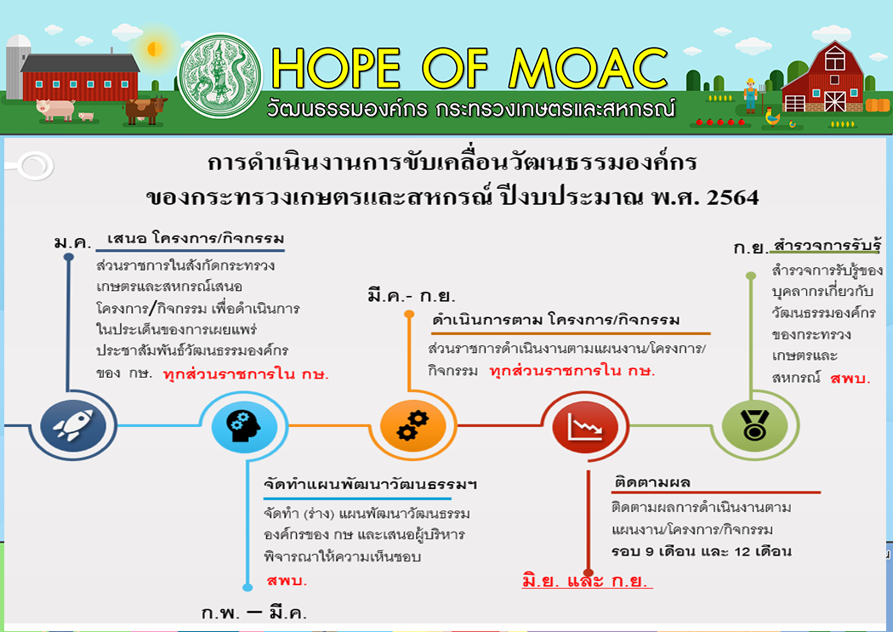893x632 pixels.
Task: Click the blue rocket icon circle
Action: pos(73,425)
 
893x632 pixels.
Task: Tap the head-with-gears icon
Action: pos(244,426)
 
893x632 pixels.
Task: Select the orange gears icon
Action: pos(412,426)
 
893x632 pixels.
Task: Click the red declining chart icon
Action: pos(585,426)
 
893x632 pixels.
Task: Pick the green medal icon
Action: pos(754,426)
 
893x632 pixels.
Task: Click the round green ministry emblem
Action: pos(220,76)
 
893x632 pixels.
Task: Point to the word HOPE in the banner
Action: pos(337,68)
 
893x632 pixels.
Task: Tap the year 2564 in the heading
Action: pos(732,198)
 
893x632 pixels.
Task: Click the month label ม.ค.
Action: pos(72,242)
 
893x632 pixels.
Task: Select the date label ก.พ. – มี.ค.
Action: pos(254,612)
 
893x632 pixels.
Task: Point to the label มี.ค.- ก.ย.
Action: pos(411,296)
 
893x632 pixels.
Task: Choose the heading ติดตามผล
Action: pos(652,483)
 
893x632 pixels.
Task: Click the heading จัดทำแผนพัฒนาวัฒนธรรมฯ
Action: pos(370,485)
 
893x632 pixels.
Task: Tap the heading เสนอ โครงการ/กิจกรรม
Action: pos(196,238)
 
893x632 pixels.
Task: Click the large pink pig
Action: pos(55,108)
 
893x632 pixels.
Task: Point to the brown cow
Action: pos(146,110)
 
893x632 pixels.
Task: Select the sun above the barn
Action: pos(154,49)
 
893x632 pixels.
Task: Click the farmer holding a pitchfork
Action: pos(751,95)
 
